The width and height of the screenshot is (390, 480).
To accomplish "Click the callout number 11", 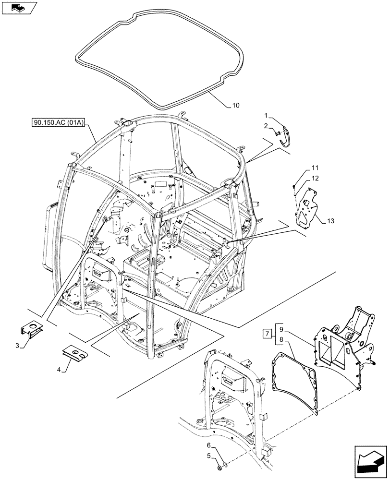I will pyautogui.click(x=315, y=168).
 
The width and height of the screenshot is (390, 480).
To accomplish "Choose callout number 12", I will pyautogui.click(x=315, y=178).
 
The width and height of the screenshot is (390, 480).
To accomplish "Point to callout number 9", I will pyautogui.click(x=281, y=329).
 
